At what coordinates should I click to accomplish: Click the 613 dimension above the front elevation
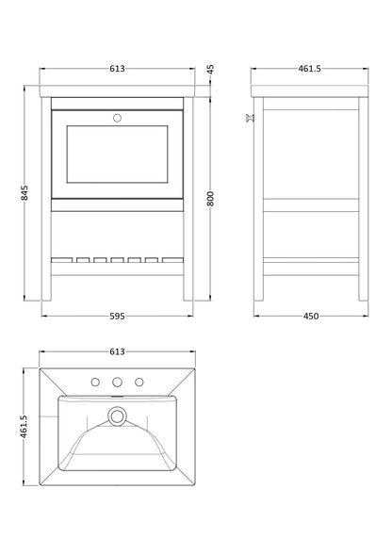(118, 68)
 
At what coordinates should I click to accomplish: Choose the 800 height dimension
(211, 198)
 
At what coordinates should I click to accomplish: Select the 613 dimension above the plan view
(118, 351)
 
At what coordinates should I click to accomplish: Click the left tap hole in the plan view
(95, 383)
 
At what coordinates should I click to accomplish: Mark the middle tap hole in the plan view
(118, 383)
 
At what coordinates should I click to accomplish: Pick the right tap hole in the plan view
(140, 383)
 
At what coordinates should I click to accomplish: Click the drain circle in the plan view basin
(118, 415)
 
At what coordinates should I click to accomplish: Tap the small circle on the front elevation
(118, 119)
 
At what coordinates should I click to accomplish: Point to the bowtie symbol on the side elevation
(250, 119)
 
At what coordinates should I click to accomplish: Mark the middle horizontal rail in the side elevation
(309, 211)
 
